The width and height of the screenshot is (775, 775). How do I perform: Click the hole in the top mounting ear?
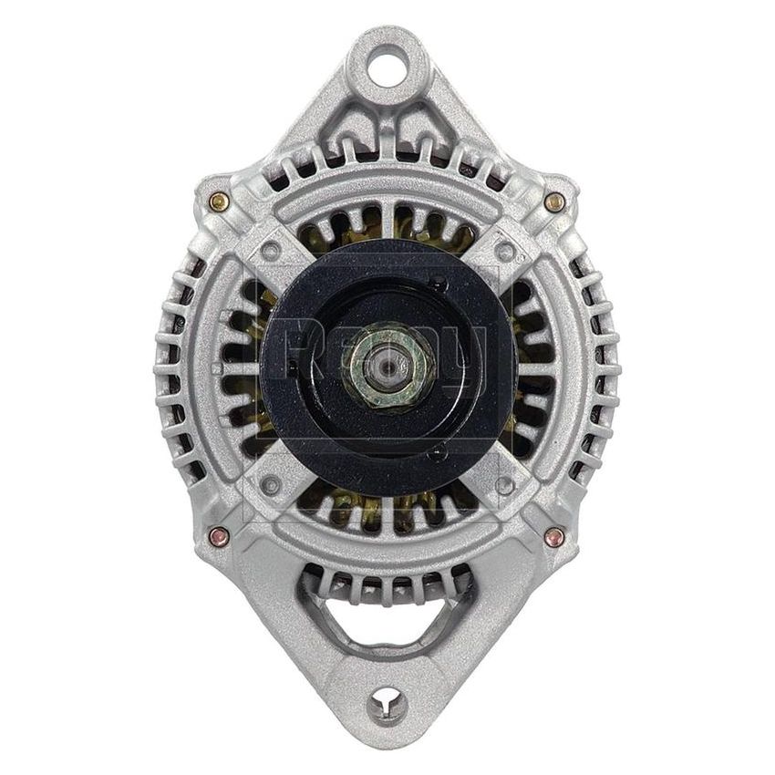click(387, 67)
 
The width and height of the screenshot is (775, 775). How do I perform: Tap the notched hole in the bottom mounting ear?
click(387, 703)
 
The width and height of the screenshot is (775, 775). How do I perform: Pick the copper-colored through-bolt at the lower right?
click(553, 536)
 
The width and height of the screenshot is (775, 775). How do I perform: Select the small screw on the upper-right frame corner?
click(503, 248)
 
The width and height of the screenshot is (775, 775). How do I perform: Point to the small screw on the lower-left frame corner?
click(271, 483)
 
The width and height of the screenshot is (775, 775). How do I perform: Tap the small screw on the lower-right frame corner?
click(504, 483)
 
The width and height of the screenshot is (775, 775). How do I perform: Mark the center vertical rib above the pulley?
click(387, 219)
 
